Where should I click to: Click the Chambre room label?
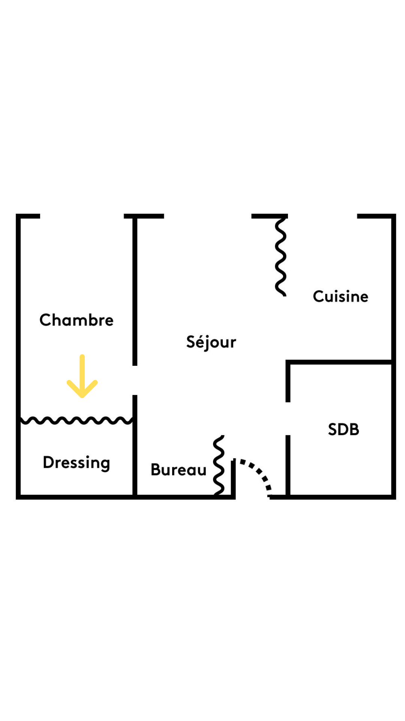[76, 320]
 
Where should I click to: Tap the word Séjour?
[211, 342]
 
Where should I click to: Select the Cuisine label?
[340, 296]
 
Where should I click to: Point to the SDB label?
[343, 429]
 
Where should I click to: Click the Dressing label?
[76, 462]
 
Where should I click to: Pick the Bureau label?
[178, 469]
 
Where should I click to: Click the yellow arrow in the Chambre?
[82, 376]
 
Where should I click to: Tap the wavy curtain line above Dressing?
[76, 420]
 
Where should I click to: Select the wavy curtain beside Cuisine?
[280, 257]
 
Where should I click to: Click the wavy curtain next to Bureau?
[219, 465]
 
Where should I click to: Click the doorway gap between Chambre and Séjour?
[135, 380]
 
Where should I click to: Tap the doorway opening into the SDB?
[288, 418]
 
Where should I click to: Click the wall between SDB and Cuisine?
[339, 362]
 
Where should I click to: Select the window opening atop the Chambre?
[82, 216]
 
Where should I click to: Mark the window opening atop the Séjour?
[207, 216]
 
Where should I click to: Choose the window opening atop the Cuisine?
[322, 216]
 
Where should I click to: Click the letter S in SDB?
[332, 429]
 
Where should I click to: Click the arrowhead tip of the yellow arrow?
[82, 396]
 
